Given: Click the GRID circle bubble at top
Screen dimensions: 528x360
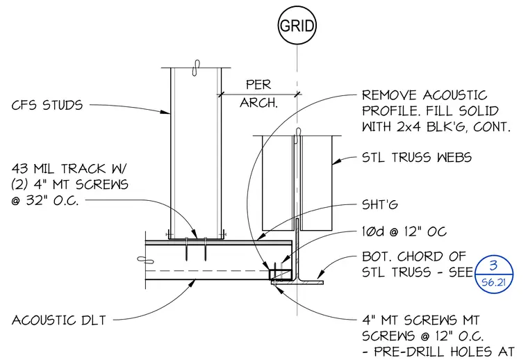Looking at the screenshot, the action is tap(297, 26).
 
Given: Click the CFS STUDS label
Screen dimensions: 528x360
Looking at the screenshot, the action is tap(47, 105).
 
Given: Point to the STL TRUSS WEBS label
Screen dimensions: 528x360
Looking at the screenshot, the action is tap(417, 157).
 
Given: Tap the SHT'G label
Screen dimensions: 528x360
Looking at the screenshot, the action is tap(380, 204).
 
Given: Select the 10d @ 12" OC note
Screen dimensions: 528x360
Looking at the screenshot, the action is tap(404, 231).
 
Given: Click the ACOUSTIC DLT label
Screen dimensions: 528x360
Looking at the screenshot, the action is tap(59, 320).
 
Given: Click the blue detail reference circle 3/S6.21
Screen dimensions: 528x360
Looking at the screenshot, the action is tap(493, 274).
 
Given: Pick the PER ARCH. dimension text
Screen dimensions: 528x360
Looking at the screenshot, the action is tap(258, 94).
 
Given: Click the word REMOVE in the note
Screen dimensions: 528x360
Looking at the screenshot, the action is tap(389, 95).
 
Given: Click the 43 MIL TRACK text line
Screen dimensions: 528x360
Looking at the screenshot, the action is tap(69, 168).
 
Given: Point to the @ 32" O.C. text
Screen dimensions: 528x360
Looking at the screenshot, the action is tap(45, 200).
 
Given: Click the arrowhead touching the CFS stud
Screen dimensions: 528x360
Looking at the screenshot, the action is tap(165, 112).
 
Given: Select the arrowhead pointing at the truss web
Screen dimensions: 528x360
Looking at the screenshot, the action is tap(337, 161).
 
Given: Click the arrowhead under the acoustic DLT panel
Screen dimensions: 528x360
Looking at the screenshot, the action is tap(192, 283).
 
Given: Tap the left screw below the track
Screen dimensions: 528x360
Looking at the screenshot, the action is tap(186, 249).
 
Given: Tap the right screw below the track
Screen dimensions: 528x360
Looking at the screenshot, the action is tap(205, 249).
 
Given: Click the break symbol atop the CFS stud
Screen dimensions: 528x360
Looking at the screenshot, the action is tap(196, 67).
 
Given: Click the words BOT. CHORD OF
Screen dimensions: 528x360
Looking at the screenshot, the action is tap(414, 256).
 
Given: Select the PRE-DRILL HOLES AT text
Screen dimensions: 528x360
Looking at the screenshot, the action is tap(444, 352).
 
